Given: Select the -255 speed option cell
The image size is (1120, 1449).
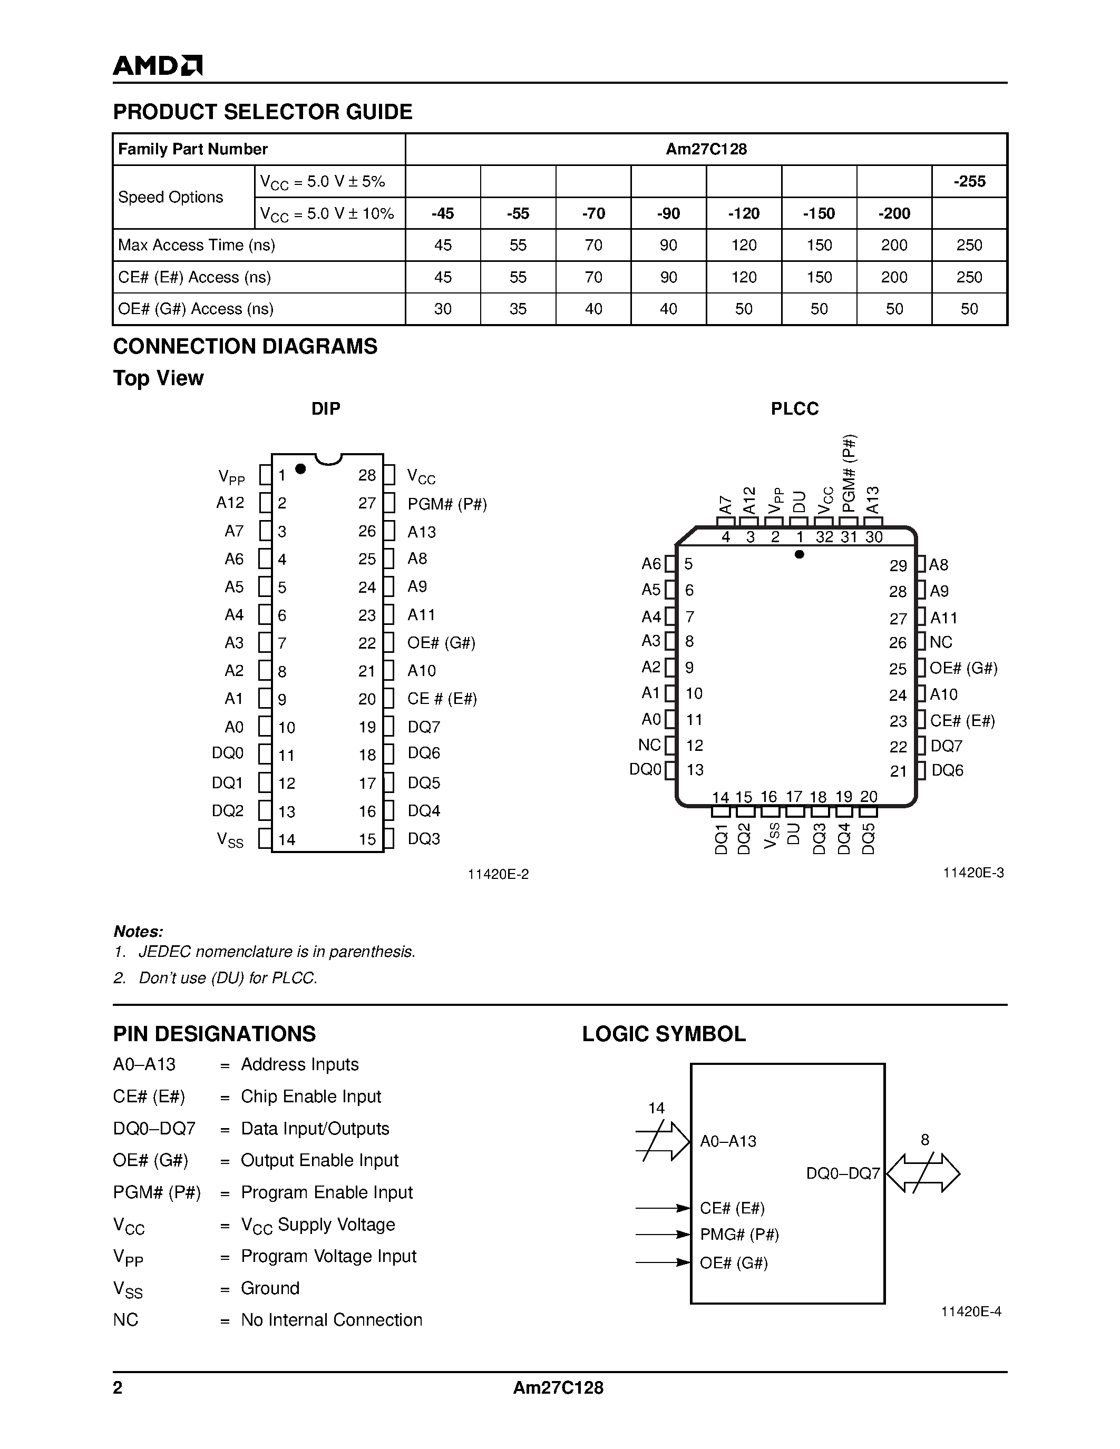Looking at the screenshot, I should click(969, 181).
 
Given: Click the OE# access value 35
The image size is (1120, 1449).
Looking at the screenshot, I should click(518, 309).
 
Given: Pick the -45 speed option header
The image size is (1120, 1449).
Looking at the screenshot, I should click(443, 213).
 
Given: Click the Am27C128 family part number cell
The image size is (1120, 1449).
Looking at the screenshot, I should click(706, 149).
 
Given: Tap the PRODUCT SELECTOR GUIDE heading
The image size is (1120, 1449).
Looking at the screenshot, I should click(263, 112).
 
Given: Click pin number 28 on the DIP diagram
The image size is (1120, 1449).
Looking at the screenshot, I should click(367, 475).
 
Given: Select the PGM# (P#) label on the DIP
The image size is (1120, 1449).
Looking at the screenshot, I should click(447, 504).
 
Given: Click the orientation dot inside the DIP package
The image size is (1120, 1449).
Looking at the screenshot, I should click(300, 468).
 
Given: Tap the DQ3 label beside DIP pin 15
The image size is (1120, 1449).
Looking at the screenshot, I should click(424, 839).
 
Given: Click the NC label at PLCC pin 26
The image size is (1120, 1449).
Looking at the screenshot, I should click(941, 642).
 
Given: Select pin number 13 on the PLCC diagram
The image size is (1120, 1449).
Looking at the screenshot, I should click(695, 770).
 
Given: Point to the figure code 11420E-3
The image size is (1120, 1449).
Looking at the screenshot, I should click(973, 873).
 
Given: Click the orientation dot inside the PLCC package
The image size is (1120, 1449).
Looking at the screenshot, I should click(800, 554).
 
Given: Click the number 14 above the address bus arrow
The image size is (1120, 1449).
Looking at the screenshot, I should click(656, 1108).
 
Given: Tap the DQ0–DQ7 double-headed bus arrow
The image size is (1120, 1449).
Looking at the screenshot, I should click(923, 1173).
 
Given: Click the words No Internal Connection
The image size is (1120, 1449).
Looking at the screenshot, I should click(331, 1319).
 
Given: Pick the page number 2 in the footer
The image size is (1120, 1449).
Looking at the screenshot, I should click(118, 1388).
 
